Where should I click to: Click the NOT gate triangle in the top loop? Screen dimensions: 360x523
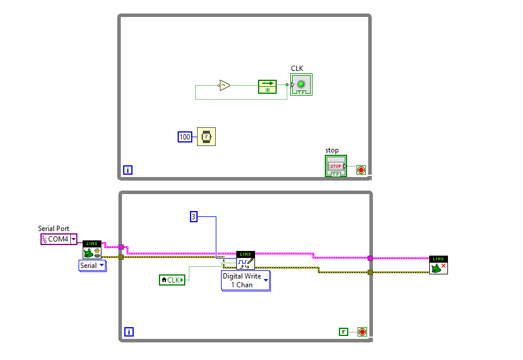pyautogui.click(x=224, y=86)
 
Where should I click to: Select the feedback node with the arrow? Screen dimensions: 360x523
pyautogui.click(x=267, y=86)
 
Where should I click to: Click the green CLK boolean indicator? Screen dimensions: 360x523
pyautogui.click(x=301, y=84)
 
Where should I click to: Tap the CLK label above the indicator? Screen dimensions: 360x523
pyautogui.click(x=297, y=69)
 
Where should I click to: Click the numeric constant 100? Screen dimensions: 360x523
pyautogui.click(x=185, y=137)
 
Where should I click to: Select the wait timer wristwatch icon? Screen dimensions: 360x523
pyautogui.click(x=206, y=137)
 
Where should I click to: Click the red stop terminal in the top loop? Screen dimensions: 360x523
pyautogui.click(x=361, y=170)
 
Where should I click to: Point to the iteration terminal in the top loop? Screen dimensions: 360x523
pyautogui.click(x=128, y=170)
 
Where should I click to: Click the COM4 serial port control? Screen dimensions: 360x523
pyautogui.click(x=59, y=239)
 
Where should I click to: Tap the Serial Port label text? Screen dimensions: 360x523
pyautogui.click(x=53, y=229)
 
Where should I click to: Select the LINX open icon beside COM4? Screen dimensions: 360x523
pyautogui.click(x=92, y=250)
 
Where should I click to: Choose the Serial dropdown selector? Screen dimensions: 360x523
pyautogui.click(x=93, y=266)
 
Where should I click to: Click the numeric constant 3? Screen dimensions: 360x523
pyautogui.click(x=193, y=217)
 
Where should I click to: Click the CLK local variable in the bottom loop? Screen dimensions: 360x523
pyautogui.click(x=172, y=280)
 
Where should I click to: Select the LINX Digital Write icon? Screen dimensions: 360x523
pyautogui.click(x=246, y=260)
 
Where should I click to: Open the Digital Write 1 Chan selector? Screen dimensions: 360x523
pyautogui.click(x=246, y=280)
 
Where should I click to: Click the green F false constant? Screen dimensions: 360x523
pyautogui.click(x=344, y=332)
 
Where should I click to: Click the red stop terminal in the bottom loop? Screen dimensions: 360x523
pyautogui.click(x=362, y=332)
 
